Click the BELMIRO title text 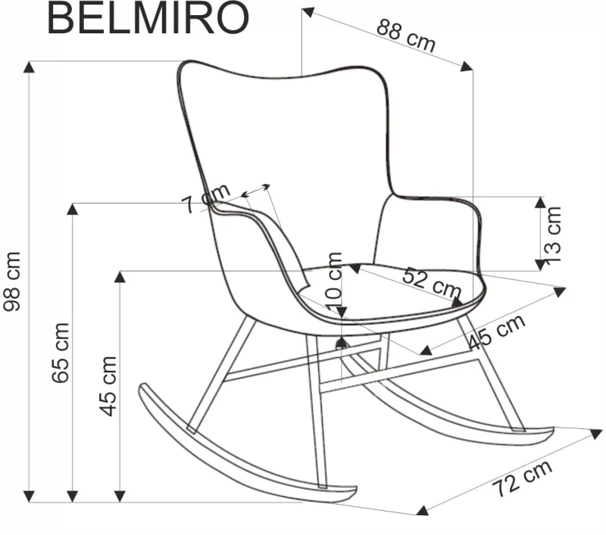[x=148, y=18]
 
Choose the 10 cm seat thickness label [x=334, y=280]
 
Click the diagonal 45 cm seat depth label [x=496, y=331]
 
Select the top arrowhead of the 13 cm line [x=539, y=201]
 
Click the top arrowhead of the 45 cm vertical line [x=120, y=275]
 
